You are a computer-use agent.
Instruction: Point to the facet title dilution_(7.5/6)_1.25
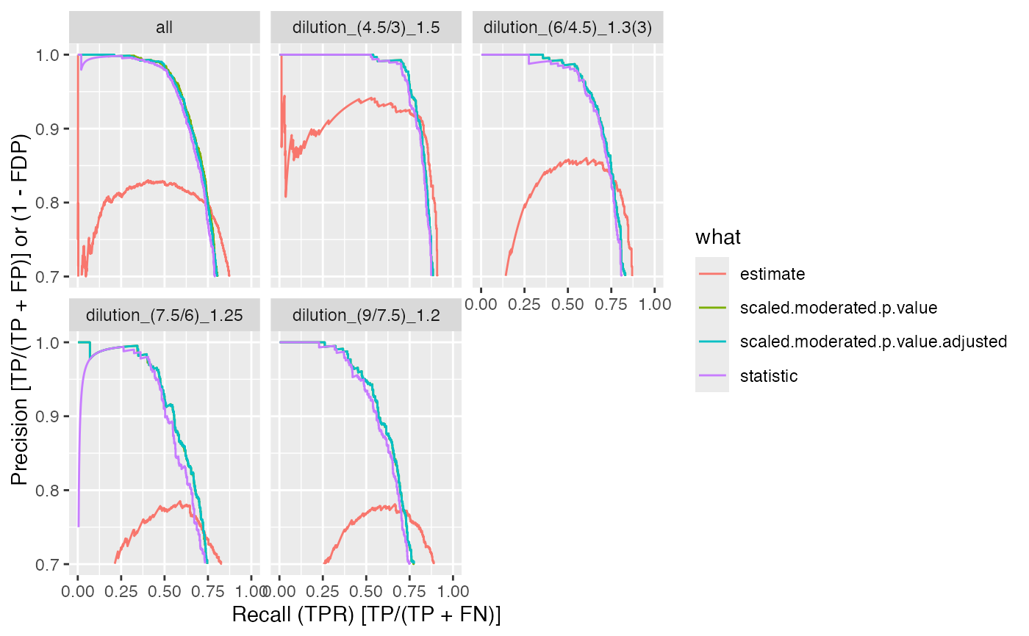click(165, 316)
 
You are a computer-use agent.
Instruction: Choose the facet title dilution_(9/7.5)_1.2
click(366, 316)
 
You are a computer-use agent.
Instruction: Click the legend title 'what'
click(718, 237)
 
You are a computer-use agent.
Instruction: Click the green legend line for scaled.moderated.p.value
click(712, 308)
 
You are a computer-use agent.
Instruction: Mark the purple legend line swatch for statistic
click(712, 376)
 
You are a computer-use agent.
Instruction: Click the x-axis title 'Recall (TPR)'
click(366, 615)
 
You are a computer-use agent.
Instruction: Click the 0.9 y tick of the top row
click(52, 129)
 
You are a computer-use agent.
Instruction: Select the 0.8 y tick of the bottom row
click(52, 491)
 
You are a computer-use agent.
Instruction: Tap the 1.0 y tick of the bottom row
click(52, 342)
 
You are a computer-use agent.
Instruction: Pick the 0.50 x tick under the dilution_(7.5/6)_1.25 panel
click(165, 590)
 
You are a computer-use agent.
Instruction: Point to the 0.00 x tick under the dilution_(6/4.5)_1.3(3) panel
click(481, 303)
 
